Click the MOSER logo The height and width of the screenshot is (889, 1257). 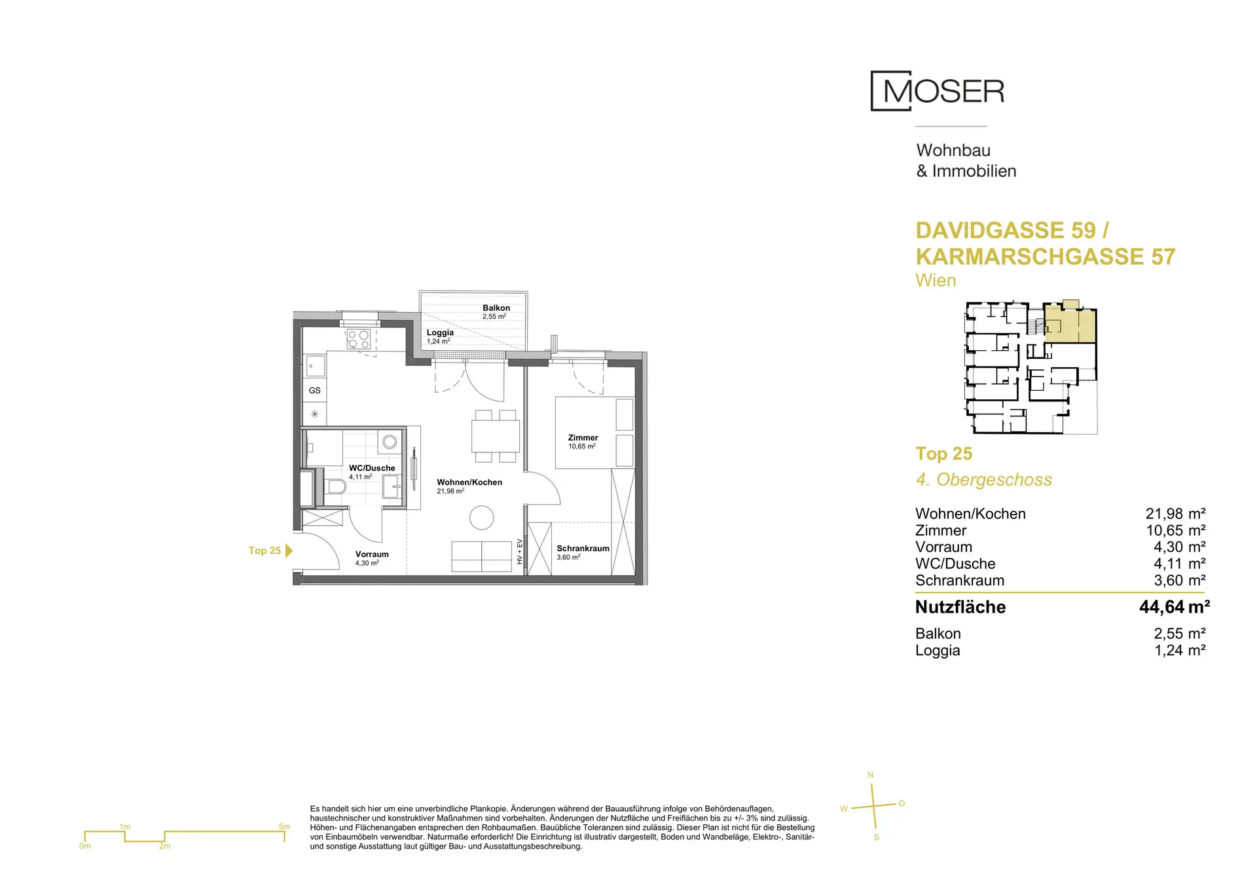tap(938, 91)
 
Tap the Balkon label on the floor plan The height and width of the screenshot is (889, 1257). tap(496, 308)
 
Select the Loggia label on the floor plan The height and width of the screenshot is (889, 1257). tap(440, 333)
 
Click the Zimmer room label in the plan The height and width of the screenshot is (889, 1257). tap(583, 437)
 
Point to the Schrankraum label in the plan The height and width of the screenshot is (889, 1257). tap(583, 549)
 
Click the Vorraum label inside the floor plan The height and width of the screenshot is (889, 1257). tap(372, 554)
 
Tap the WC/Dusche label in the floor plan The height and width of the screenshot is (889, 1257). tap(372, 468)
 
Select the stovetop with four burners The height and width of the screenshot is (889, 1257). tap(359, 339)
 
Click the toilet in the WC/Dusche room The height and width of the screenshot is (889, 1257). tap(335, 486)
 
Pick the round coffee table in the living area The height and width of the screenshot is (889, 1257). tap(482, 518)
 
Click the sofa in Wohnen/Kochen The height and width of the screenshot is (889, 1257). tap(481, 556)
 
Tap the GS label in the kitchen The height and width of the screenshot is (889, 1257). tap(315, 390)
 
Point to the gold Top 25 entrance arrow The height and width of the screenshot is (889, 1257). tap(289, 551)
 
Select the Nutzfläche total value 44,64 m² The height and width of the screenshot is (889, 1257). tap(1175, 607)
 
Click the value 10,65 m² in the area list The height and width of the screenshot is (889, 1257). tap(1176, 530)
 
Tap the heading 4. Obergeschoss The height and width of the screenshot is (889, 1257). tap(984, 480)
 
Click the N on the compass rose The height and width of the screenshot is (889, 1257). tap(870, 775)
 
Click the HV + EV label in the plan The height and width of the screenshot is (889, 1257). tap(520, 551)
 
